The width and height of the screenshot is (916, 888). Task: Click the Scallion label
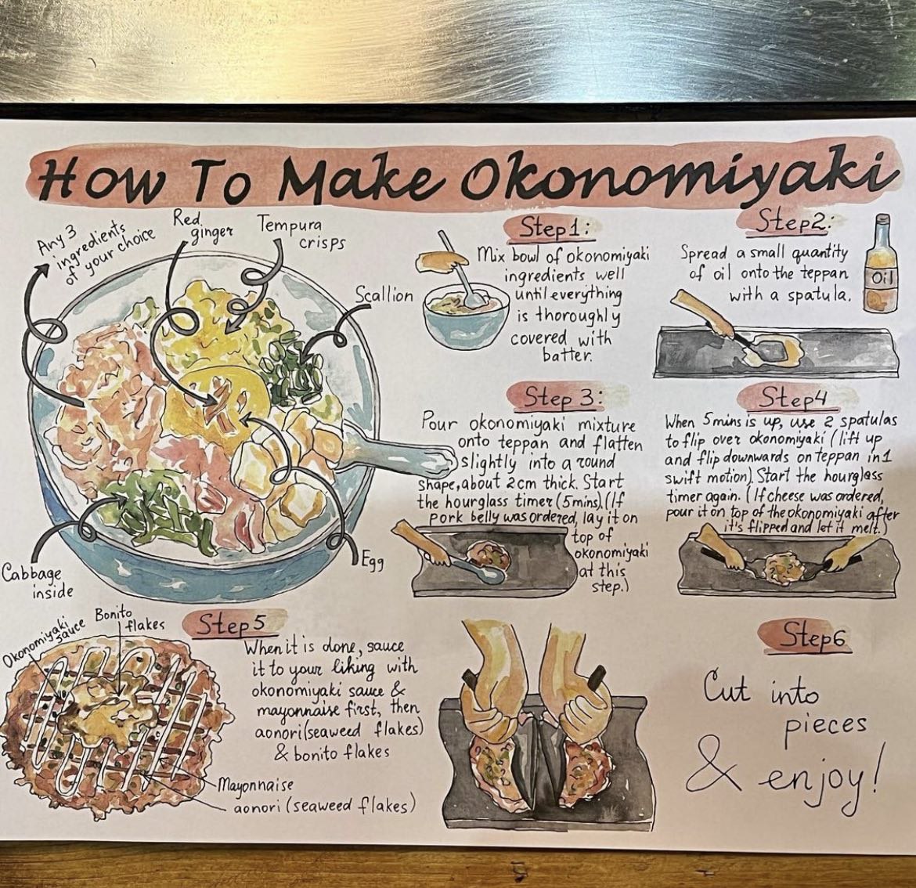384,296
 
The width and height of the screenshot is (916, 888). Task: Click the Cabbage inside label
38,582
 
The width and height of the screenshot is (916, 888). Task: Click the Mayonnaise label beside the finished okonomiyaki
256,784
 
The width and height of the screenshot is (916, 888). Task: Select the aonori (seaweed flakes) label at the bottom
324,807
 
